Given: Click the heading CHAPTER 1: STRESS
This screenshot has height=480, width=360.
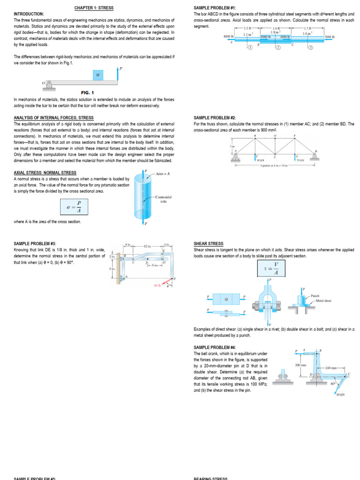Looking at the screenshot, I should click(x=94, y=8).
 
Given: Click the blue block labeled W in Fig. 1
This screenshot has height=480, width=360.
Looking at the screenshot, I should click(x=98, y=75).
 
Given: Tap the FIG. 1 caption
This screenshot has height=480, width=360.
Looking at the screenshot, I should click(x=88, y=93).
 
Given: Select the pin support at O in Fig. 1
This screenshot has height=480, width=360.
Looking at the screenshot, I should click(x=48, y=84).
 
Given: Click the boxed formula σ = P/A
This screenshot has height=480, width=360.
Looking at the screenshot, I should click(x=74, y=207).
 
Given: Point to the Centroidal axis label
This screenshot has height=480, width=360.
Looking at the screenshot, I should click(x=163, y=199).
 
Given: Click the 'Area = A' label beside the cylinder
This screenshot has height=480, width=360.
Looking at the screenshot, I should click(x=162, y=174).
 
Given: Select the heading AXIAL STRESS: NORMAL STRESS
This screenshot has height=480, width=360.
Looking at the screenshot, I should click(x=45, y=172).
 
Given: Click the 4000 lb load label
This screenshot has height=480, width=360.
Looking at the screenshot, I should click(x=228, y=36).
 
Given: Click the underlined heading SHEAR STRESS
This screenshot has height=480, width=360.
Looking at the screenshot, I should click(x=208, y=244).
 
